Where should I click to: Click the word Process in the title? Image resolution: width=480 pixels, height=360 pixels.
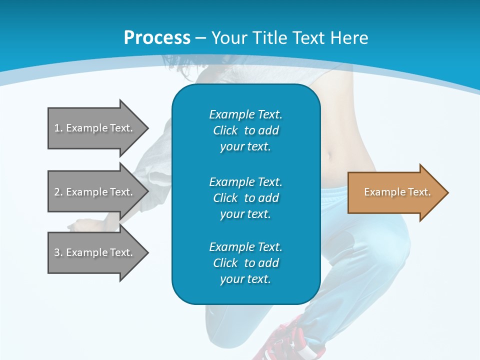[157, 38]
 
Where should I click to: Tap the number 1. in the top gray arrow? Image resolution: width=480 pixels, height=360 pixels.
[58, 128]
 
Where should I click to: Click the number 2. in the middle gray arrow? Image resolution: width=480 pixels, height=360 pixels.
[58, 192]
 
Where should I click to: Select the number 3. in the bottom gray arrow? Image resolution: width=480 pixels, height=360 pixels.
[58, 252]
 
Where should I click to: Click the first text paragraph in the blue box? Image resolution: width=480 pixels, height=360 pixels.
[245, 130]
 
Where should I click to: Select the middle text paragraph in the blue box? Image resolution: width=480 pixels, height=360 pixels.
[245, 198]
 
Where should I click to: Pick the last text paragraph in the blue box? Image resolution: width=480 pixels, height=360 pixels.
[245, 263]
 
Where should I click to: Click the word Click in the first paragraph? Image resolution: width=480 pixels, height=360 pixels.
[225, 131]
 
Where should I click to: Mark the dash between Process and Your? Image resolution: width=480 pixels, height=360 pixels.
[200, 38]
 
